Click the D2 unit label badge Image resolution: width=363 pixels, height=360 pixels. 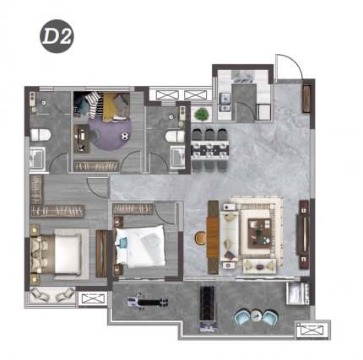pos(57,36)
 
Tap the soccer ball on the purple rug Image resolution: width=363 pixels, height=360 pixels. pos(125,137)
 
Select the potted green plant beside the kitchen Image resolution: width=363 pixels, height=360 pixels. pos(202,114)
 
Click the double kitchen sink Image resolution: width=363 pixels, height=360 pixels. pos(225,103)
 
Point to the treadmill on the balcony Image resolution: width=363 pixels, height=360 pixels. pos(208,309)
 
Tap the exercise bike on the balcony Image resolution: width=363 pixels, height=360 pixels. pos(147,302)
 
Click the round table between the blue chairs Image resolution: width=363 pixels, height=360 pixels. pos(257,315)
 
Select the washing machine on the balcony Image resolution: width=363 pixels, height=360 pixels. pos(297,293)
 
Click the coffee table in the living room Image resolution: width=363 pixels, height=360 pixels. pos(260,234)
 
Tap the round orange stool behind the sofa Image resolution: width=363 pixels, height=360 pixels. pos(201,238)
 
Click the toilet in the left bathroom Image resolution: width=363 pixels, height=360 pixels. pos(41,135)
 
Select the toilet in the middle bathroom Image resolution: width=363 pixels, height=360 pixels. pos(175,137)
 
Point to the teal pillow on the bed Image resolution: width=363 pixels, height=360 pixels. pos(122,243)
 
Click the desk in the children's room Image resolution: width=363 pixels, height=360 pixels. pos(81,139)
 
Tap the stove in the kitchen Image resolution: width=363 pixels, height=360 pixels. pos(242,77)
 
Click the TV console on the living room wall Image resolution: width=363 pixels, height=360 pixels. pos(303,235)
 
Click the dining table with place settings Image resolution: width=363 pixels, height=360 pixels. pos(210,150)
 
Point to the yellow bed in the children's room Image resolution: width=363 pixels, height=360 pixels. pos(116,107)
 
